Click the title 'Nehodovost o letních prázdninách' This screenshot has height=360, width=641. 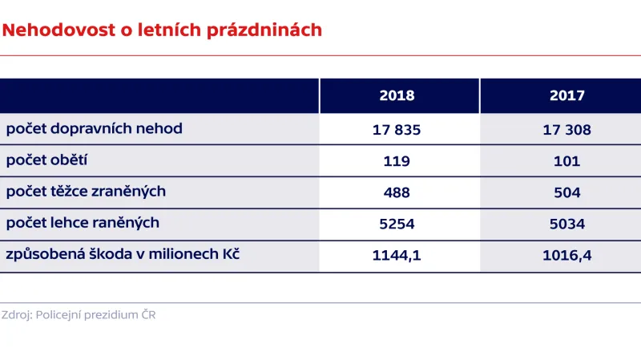click(162, 30)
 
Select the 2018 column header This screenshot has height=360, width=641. click(397, 95)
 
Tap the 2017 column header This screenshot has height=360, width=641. click(566, 95)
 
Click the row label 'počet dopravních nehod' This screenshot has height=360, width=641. click(94, 128)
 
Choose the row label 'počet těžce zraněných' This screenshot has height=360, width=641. click(86, 192)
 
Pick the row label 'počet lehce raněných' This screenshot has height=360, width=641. click(83, 223)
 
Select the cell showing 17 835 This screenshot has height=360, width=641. click(397, 129)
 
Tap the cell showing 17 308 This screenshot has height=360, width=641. click(566, 129)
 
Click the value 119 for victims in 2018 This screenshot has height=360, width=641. click(397, 160)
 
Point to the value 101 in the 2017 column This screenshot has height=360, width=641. click(566, 160)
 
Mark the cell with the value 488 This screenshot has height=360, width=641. click(397, 192)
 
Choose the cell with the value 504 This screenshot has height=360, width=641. click(566, 192)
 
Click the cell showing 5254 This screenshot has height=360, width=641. click(397, 224)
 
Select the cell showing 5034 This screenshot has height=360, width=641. click(566, 224)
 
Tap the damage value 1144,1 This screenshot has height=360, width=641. click(397, 256)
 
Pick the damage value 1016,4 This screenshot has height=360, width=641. click(566, 256)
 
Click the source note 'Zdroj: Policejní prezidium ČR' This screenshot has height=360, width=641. click(79, 315)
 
